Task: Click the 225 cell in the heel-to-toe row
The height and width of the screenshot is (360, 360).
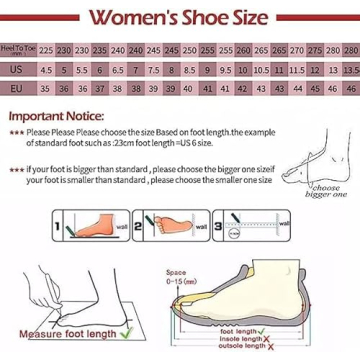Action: [x=47, y=49]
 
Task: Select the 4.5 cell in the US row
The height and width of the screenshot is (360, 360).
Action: [x=47, y=69]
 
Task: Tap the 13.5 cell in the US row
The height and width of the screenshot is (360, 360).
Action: [x=347, y=69]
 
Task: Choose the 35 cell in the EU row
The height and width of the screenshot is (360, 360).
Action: [x=47, y=88]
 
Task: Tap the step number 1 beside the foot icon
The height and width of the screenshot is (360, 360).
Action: [x=58, y=227]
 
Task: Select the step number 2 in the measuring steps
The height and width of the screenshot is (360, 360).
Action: [x=146, y=226]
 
